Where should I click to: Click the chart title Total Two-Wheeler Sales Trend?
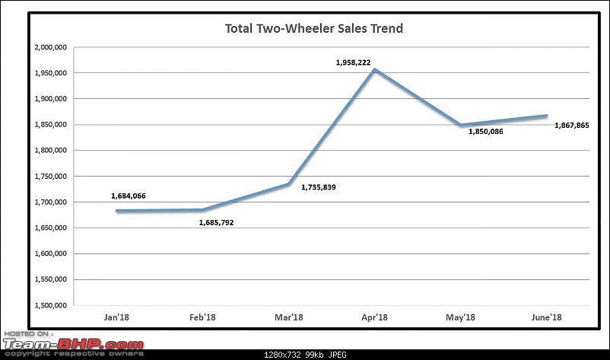pyautogui.click(x=314, y=29)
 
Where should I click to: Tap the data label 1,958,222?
pyautogui.click(x=353, y=62)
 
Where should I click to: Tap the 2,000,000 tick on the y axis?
pyautogui.click(x=51, y=47)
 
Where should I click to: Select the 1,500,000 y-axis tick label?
pyautogui.click(x=51, y=305)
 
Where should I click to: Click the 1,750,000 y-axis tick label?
pyautogui.click(x=51, y=177)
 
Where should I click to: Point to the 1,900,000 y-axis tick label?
pyautogui.click(x=51, y=99)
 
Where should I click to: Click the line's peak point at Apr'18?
pyautogui.click(x=373, y=70)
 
